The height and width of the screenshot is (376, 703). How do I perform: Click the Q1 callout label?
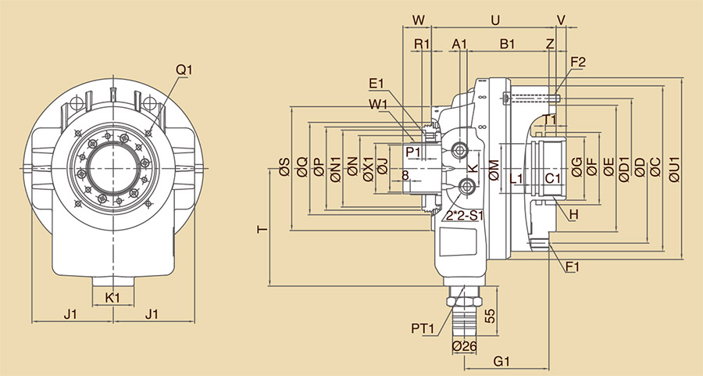coord(184,70)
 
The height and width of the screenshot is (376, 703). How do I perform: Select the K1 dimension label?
coord(112,297)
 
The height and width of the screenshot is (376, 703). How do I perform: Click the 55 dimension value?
coord(490,315)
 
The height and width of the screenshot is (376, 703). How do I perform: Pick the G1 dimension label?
coord(502,361)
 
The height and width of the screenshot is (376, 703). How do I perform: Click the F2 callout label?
coord(578,62)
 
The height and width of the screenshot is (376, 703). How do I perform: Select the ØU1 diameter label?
coord(676,167)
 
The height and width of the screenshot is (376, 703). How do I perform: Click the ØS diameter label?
coord(284,167)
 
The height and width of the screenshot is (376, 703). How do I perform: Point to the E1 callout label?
coord(376,84)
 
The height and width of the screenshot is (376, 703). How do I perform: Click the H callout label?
coord(574,214)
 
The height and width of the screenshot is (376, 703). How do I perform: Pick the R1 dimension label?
coord(422,45)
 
